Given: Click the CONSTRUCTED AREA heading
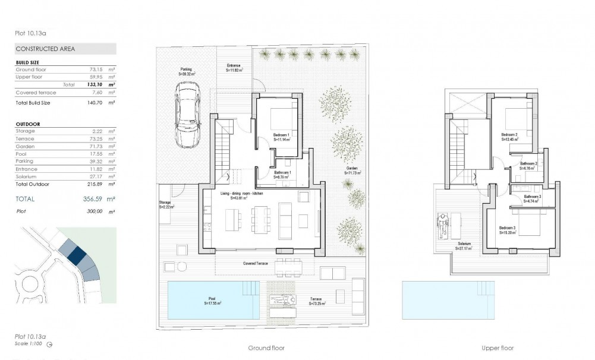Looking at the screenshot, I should (x=41, y=49).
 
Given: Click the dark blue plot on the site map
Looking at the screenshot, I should (x=76, y=254).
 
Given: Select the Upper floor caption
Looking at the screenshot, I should (x=498, y=348).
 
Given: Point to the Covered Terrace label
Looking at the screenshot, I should (x=256, y=263).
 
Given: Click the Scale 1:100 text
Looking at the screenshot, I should (x=29, y=343).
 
